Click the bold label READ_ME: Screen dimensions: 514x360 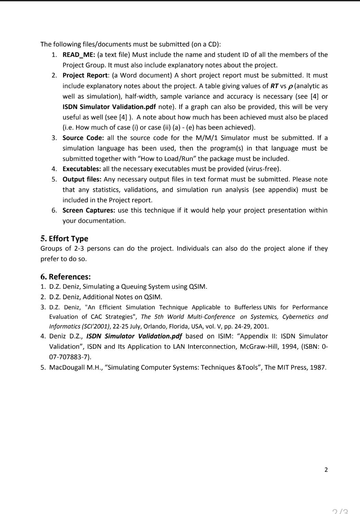(x=79, y=55)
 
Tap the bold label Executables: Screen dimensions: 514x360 (x=82, y=169)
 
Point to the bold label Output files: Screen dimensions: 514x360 (x=82, y=179)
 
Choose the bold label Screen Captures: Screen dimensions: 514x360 (x=88, y=211)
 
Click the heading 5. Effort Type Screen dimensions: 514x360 (x=64, y=239)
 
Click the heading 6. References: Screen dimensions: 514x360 (x=65, y=277)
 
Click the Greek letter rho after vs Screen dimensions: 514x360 (x=291, y=86)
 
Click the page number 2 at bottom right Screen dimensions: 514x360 (x=326, y=470)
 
